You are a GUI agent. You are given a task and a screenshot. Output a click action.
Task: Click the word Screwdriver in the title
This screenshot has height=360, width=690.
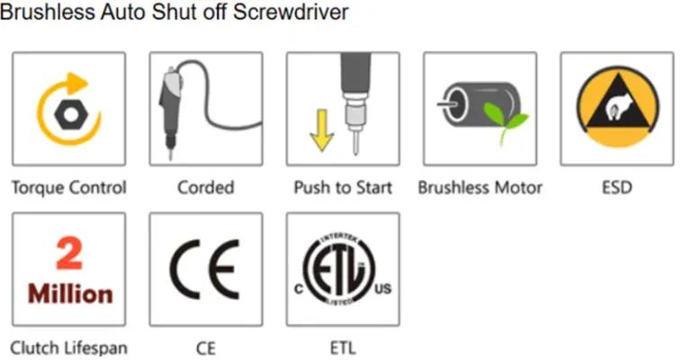click(x=291, y=12)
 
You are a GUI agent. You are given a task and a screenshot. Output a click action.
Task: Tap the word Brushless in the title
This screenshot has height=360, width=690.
click(x=48, y=12)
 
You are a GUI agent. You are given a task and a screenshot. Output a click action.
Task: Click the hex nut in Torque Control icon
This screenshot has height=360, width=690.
click(x=71, y=114)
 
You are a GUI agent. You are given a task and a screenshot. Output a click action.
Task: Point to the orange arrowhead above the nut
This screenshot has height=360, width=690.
click(x=77, y=83)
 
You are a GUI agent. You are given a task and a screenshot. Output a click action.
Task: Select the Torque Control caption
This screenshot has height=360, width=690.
click(x=69, y=187)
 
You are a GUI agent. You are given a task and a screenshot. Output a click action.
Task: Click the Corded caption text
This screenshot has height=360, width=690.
click(x=205, y=187)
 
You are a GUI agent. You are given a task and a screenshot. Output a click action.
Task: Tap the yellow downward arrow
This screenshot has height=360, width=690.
click(x=322, y=130)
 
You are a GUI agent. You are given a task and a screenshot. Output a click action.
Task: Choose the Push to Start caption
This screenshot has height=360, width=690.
click(x=343, y=187)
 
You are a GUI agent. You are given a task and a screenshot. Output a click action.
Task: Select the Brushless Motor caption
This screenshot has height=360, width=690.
click(x=479, y=187)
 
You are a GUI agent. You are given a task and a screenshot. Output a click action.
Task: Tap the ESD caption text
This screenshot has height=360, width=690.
click(x=617, y=187)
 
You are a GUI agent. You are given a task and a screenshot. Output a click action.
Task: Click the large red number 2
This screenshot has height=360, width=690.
click(x=69, y=253)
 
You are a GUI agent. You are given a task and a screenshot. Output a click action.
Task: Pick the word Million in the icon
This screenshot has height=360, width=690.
click(x=70, y=293)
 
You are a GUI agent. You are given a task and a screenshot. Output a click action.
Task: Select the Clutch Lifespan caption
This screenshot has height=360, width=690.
click(x=69, y=348)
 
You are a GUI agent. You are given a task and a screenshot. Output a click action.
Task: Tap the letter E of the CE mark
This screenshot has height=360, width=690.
click(x=224, y=270)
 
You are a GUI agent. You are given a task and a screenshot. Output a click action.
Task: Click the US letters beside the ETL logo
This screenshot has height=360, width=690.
click(x=383, y=289)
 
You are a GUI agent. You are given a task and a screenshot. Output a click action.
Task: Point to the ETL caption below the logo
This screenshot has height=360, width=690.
click(x=343, y=348)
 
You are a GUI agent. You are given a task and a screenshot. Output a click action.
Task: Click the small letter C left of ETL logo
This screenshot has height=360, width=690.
click(x=299, y=289)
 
